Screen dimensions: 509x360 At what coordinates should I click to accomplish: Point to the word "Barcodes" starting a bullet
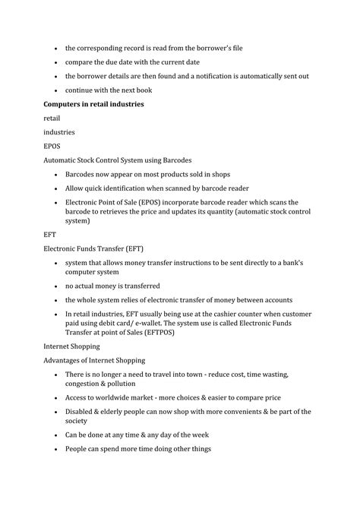83,174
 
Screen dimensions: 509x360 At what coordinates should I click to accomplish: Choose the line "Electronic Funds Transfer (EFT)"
94,248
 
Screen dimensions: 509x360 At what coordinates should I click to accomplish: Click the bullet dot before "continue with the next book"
55,90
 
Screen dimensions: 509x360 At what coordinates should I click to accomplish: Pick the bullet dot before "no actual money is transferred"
55,286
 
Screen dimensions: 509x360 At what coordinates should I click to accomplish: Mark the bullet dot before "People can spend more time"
55,448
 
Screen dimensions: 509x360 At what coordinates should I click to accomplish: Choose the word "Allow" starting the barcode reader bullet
76,188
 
